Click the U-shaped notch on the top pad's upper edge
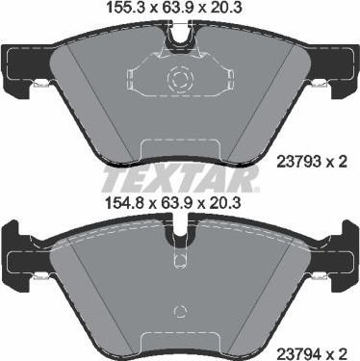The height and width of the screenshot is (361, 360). (x=179, y=38)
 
